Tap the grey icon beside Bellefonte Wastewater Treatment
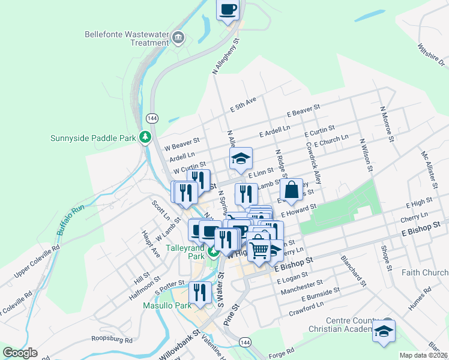tap(178, 38)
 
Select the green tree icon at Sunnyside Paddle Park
tap(145, 137)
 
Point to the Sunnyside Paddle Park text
tap(94, 138)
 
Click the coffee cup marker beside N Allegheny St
tap(228, 10)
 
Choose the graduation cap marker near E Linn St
tap(241, 159)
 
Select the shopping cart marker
tap(259, 247)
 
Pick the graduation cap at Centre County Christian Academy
tap(384, 331)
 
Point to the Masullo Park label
tap(167, 305)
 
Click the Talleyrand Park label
tap(185, 251)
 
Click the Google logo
tap(20, 353)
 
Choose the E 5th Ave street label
tap(243, 104)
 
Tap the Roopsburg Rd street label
tap(112, 340)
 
